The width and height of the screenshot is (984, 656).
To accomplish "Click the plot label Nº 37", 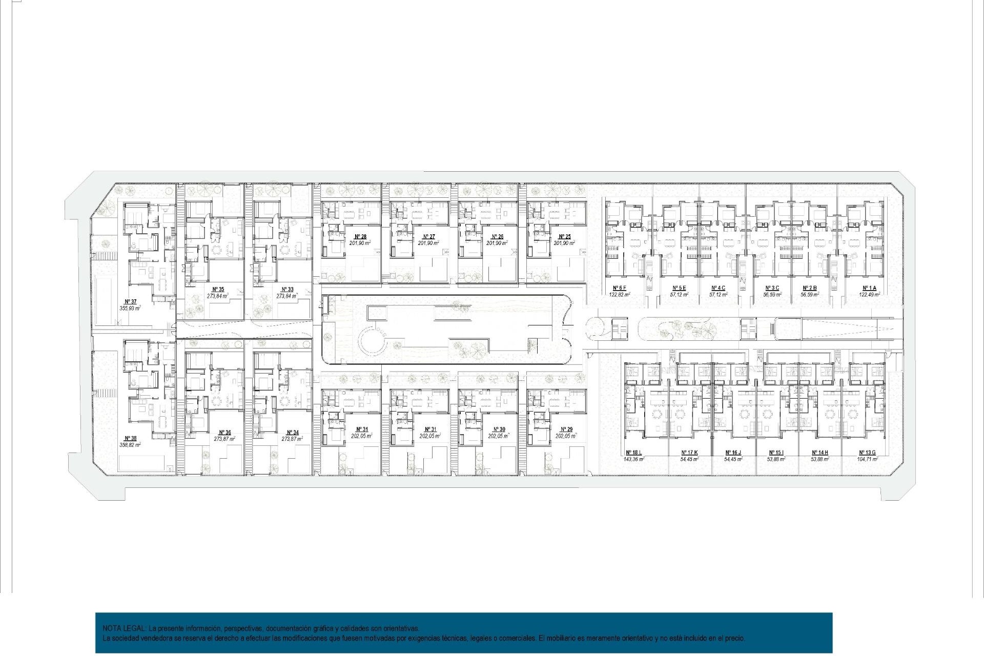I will coord(130,301).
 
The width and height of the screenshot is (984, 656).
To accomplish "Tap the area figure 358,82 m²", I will coord(130,445).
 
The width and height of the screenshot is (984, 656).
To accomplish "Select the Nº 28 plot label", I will coord(360,237).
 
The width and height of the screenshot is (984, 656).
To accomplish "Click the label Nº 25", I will coord(564,237).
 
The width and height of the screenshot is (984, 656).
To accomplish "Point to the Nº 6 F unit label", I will coord(619,288).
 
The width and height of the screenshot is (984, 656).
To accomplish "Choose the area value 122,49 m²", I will coord(869,295).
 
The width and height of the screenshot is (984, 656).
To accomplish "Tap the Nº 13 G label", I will coord(867,453).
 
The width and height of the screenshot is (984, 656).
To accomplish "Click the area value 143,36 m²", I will coord(633,459).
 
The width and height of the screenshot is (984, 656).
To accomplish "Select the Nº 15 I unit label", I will coord(776,453).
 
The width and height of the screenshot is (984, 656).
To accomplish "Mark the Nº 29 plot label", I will coord(566,429).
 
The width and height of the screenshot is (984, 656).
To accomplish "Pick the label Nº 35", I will coord(218,289).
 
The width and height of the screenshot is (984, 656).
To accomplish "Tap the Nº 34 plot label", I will coord(292,433).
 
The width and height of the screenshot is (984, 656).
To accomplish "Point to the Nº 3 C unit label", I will coord(772,288).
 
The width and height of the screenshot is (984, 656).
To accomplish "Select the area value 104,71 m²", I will coord(867,459).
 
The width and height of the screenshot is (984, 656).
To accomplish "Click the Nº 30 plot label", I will coord(499,429).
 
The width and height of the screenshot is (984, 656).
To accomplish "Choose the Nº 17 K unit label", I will coord(689,453).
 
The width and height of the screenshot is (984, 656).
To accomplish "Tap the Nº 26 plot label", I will coord(497,237).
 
